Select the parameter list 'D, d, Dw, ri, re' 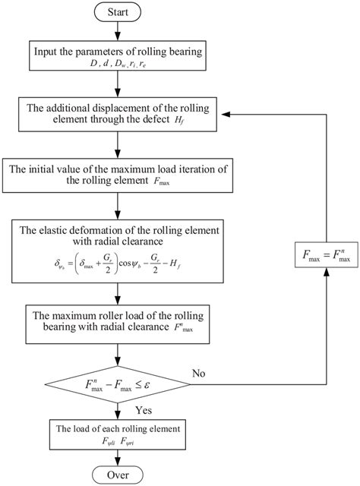(116, 64)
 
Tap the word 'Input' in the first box (45, 51)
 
